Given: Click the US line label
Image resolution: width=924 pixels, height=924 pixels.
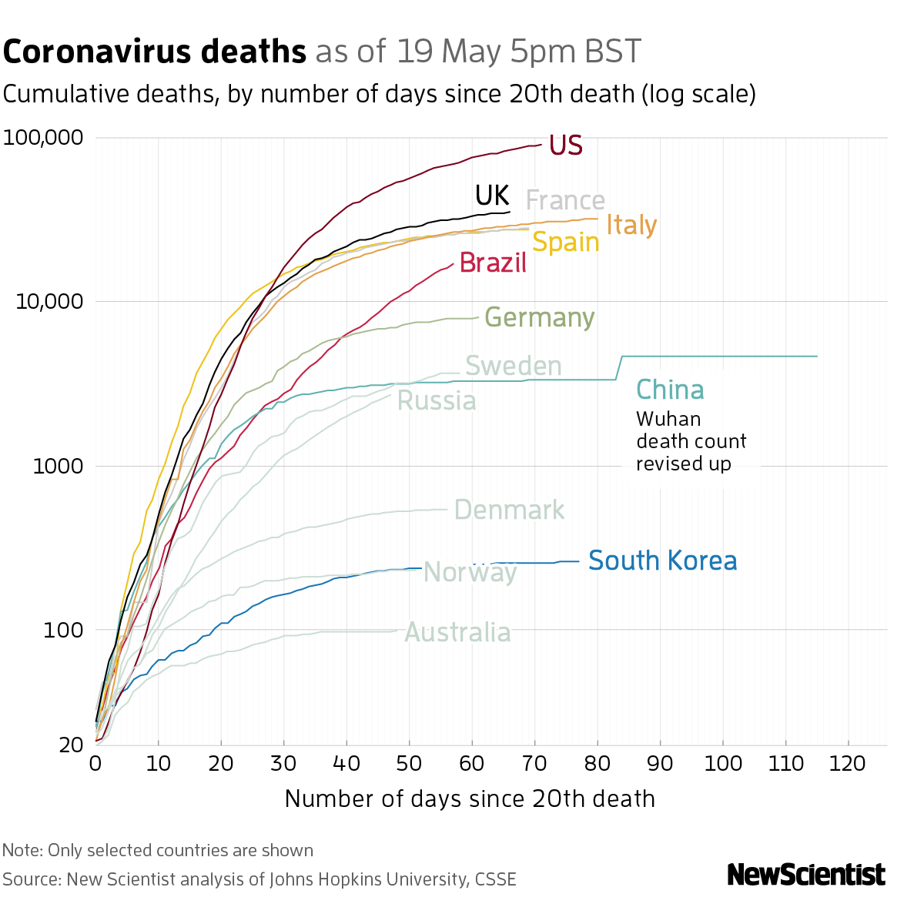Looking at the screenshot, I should [565, 146].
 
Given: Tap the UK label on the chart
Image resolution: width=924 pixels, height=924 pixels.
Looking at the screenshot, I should [492, 196].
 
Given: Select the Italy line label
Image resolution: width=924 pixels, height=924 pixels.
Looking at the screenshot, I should [631, 225].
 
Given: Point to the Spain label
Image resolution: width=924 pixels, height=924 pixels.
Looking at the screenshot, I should [565, 243].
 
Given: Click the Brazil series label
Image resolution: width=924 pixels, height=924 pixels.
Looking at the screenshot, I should [493, 263].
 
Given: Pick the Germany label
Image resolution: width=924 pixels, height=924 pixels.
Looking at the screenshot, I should [539, 318].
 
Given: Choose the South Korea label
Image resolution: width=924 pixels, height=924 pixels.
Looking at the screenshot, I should [662, 561].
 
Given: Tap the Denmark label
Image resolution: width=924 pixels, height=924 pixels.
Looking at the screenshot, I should [509, 510].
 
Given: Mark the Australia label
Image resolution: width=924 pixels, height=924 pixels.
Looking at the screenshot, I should [457, 633].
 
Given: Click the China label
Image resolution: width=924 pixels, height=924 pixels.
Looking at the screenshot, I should [670, 390].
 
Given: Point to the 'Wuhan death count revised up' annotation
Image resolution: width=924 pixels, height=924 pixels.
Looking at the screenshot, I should [691, 441].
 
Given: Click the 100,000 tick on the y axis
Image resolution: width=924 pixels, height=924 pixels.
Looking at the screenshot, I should [43, 139].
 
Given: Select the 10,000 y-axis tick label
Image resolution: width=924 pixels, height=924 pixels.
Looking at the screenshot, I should [49, 302].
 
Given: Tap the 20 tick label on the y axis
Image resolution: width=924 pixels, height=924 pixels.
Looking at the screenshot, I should [71, 745].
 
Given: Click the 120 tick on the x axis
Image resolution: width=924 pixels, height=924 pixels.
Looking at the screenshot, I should [849, 764].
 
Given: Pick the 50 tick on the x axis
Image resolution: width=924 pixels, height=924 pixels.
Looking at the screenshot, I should [409, 764].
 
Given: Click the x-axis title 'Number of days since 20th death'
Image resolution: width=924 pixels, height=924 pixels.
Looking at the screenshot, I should [470, 798].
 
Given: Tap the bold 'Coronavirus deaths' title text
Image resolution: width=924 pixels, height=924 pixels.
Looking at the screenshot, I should [155, 52].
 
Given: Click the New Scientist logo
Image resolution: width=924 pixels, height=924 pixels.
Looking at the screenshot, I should [806, 875].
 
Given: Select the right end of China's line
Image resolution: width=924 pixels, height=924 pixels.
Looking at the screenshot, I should [817, 357].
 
